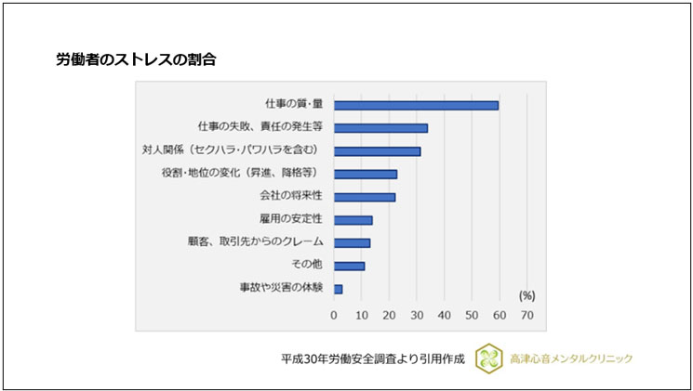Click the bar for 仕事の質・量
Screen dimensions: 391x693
coord(416,105)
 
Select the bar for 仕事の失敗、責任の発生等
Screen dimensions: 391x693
coord(380,128)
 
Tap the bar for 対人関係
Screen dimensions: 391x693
coord(377,150)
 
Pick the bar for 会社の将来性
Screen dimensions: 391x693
coord(365,197)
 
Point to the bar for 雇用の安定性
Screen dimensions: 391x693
coord(353,220)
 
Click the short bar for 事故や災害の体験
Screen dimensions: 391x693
coord(338,289)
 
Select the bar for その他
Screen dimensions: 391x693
coord(349,266)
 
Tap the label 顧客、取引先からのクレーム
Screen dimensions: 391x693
coord(253,242)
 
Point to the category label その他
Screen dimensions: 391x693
coord(305,266)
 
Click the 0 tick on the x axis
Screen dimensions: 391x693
coord(334,315)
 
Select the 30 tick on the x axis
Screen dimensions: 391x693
coord(417,315)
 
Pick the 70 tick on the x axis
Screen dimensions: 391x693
coord(527,315)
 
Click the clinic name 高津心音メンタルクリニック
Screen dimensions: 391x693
coord(571,358)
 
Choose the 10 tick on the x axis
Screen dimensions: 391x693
coord(362,315)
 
